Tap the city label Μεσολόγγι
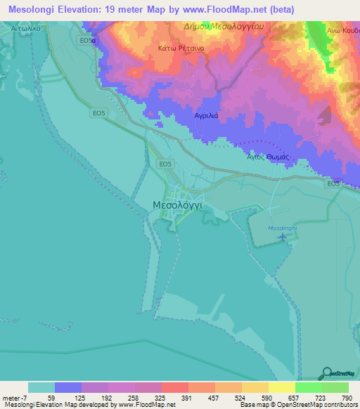coord(178,204)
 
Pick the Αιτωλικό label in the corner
coord(30,28)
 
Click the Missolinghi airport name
coord(283,228)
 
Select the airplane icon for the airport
coord(283,238)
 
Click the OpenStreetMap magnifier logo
coord(328,373)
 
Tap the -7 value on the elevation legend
coord(23,396)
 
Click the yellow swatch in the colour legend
coord(281,387)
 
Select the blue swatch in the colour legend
coord(68,387)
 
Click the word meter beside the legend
coord(11,396)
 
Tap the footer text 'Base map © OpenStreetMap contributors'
coord(297,405)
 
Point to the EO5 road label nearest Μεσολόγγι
coord(165,164)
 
